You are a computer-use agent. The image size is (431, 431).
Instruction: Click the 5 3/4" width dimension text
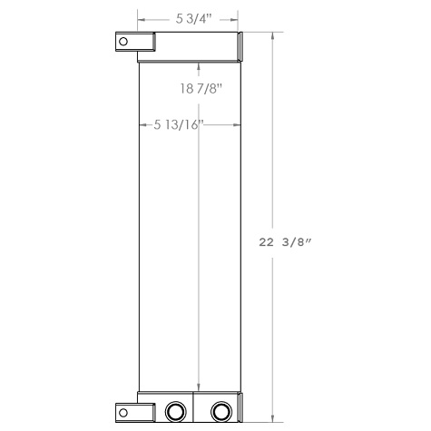click(188, 16)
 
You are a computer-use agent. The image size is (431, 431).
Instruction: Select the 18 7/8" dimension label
click(200, 88)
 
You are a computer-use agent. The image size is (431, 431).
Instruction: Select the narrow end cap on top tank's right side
click(241, 47)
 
